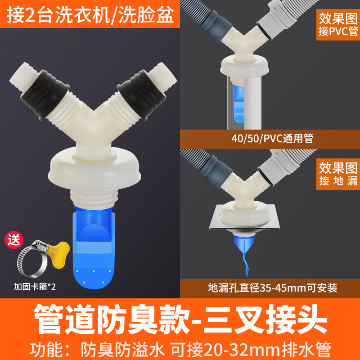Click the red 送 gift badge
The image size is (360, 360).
point(14,240)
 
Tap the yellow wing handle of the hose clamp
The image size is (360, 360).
point(59,254)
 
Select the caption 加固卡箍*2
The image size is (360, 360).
point(35,287)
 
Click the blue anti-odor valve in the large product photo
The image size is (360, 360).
point(94,248)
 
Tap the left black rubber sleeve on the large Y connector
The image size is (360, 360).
point(45,94)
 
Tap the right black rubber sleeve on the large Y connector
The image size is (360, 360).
point(142,94)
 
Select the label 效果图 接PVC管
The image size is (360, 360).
point(338,25)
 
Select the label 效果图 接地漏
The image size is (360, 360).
point(338,174)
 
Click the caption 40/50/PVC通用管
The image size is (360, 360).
point(272,139)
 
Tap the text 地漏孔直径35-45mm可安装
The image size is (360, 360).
point(273,288)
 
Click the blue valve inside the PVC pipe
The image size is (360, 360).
point(239,103)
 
